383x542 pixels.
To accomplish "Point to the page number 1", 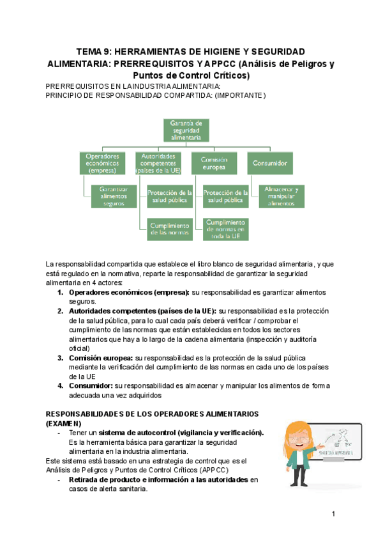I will tap(333, 515).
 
